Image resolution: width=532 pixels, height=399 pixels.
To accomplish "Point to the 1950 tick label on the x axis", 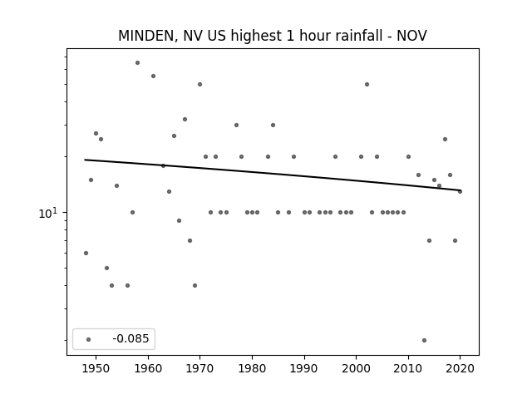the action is (96, 368).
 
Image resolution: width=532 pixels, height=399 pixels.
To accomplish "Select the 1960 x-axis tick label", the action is (148, 368).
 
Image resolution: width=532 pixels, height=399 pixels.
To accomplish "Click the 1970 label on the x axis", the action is (199, 368).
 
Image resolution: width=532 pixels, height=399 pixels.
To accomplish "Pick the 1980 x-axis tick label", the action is (252, 368).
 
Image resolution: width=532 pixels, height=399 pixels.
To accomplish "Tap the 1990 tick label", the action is (304, 368).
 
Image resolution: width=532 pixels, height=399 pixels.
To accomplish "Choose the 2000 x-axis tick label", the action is (357, 368).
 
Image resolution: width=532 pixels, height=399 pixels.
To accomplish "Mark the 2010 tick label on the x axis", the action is (408, 368).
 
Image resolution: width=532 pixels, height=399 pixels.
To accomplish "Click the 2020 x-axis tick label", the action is (460, 368).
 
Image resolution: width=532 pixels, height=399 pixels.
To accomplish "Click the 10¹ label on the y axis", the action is (48, 213).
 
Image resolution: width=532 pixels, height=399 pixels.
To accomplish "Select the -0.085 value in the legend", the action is (131, 338).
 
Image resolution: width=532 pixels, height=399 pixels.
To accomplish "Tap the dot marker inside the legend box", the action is (89, 339).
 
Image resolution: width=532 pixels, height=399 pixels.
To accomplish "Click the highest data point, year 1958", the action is (137, 63).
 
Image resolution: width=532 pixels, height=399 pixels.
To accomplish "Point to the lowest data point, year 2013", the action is (424, 340).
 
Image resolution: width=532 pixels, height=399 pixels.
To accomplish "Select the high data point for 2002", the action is (367, 85).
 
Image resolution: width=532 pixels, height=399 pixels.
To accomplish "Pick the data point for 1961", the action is (153, 76).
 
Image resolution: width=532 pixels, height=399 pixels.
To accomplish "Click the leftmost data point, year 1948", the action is (86, 253).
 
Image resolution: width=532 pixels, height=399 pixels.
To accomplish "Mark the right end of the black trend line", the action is (461, 190).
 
